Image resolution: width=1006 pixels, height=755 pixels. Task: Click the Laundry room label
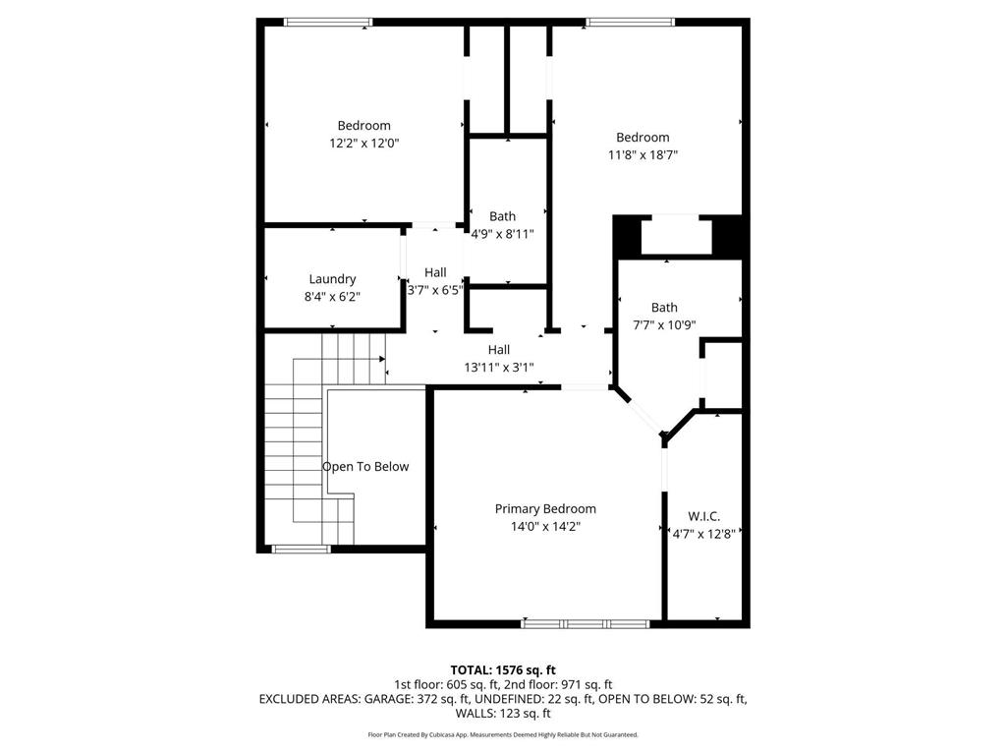point(332,279)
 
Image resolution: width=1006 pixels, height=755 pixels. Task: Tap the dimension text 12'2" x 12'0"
point(363,143)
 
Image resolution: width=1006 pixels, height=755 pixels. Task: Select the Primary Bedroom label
point(545,509)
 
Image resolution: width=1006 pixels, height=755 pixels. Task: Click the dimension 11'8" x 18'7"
point(643,154)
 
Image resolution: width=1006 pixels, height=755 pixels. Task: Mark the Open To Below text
point(365,467)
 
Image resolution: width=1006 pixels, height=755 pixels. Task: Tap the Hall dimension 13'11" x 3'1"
point(499,367)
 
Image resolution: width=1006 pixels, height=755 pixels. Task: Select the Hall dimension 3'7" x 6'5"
point(434,290)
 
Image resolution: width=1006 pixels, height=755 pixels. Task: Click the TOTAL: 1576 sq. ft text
point(503,670)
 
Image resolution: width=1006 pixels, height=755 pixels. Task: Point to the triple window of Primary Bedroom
point(586,623)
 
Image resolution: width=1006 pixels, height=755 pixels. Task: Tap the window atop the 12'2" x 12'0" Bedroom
point(328,22)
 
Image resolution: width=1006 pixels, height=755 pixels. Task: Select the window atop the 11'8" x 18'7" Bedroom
point(630,22)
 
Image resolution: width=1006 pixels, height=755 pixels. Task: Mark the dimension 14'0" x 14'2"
point(545,526)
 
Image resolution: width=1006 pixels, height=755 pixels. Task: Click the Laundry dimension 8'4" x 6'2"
point(332,296)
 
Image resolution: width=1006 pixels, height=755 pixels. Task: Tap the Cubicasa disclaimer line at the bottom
point(503,734)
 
